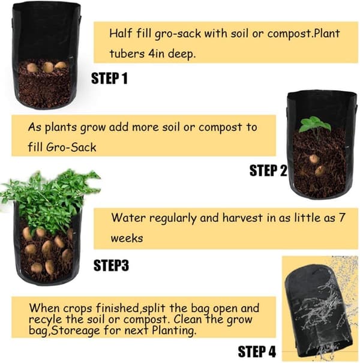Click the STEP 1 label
tap(109, 78)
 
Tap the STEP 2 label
tap(268, 170)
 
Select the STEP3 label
tap(111, 265)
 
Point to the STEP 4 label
tap(257, 352)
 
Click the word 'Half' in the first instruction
tap(120, 34)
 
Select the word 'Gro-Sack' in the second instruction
tap(71, 147)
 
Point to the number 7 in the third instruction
tap(342, 218)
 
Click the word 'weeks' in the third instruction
tap(127, 238)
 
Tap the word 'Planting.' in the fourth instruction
tap(173, 331)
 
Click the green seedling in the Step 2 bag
tap(314, 125)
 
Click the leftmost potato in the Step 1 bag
tap(32, 68)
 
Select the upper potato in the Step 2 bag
tap(314, 159)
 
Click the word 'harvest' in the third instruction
tap(242, 218)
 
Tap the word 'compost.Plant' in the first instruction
tap(304, 34)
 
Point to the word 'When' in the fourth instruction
tap(44, 308)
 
